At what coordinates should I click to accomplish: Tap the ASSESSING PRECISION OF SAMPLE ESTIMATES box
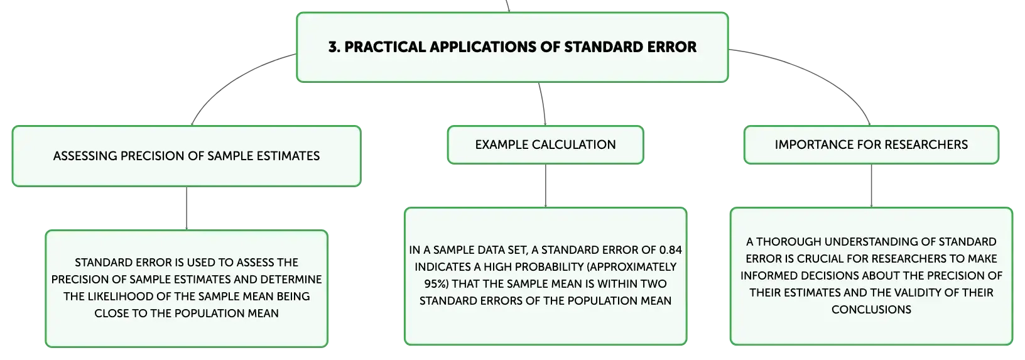(x=187, y=156)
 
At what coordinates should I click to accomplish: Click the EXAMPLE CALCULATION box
(x=545, y=145)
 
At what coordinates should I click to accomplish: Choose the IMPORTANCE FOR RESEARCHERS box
(x=871, y=145)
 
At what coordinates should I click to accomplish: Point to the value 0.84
(x=670, y=250)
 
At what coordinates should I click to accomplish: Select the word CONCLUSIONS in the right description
(x=871, y=310)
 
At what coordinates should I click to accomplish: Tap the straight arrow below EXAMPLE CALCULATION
(x=545, y=185)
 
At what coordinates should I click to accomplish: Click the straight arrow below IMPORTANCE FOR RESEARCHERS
(x=871, y=185)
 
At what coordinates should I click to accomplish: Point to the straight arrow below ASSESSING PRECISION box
(x=187, y=209)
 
